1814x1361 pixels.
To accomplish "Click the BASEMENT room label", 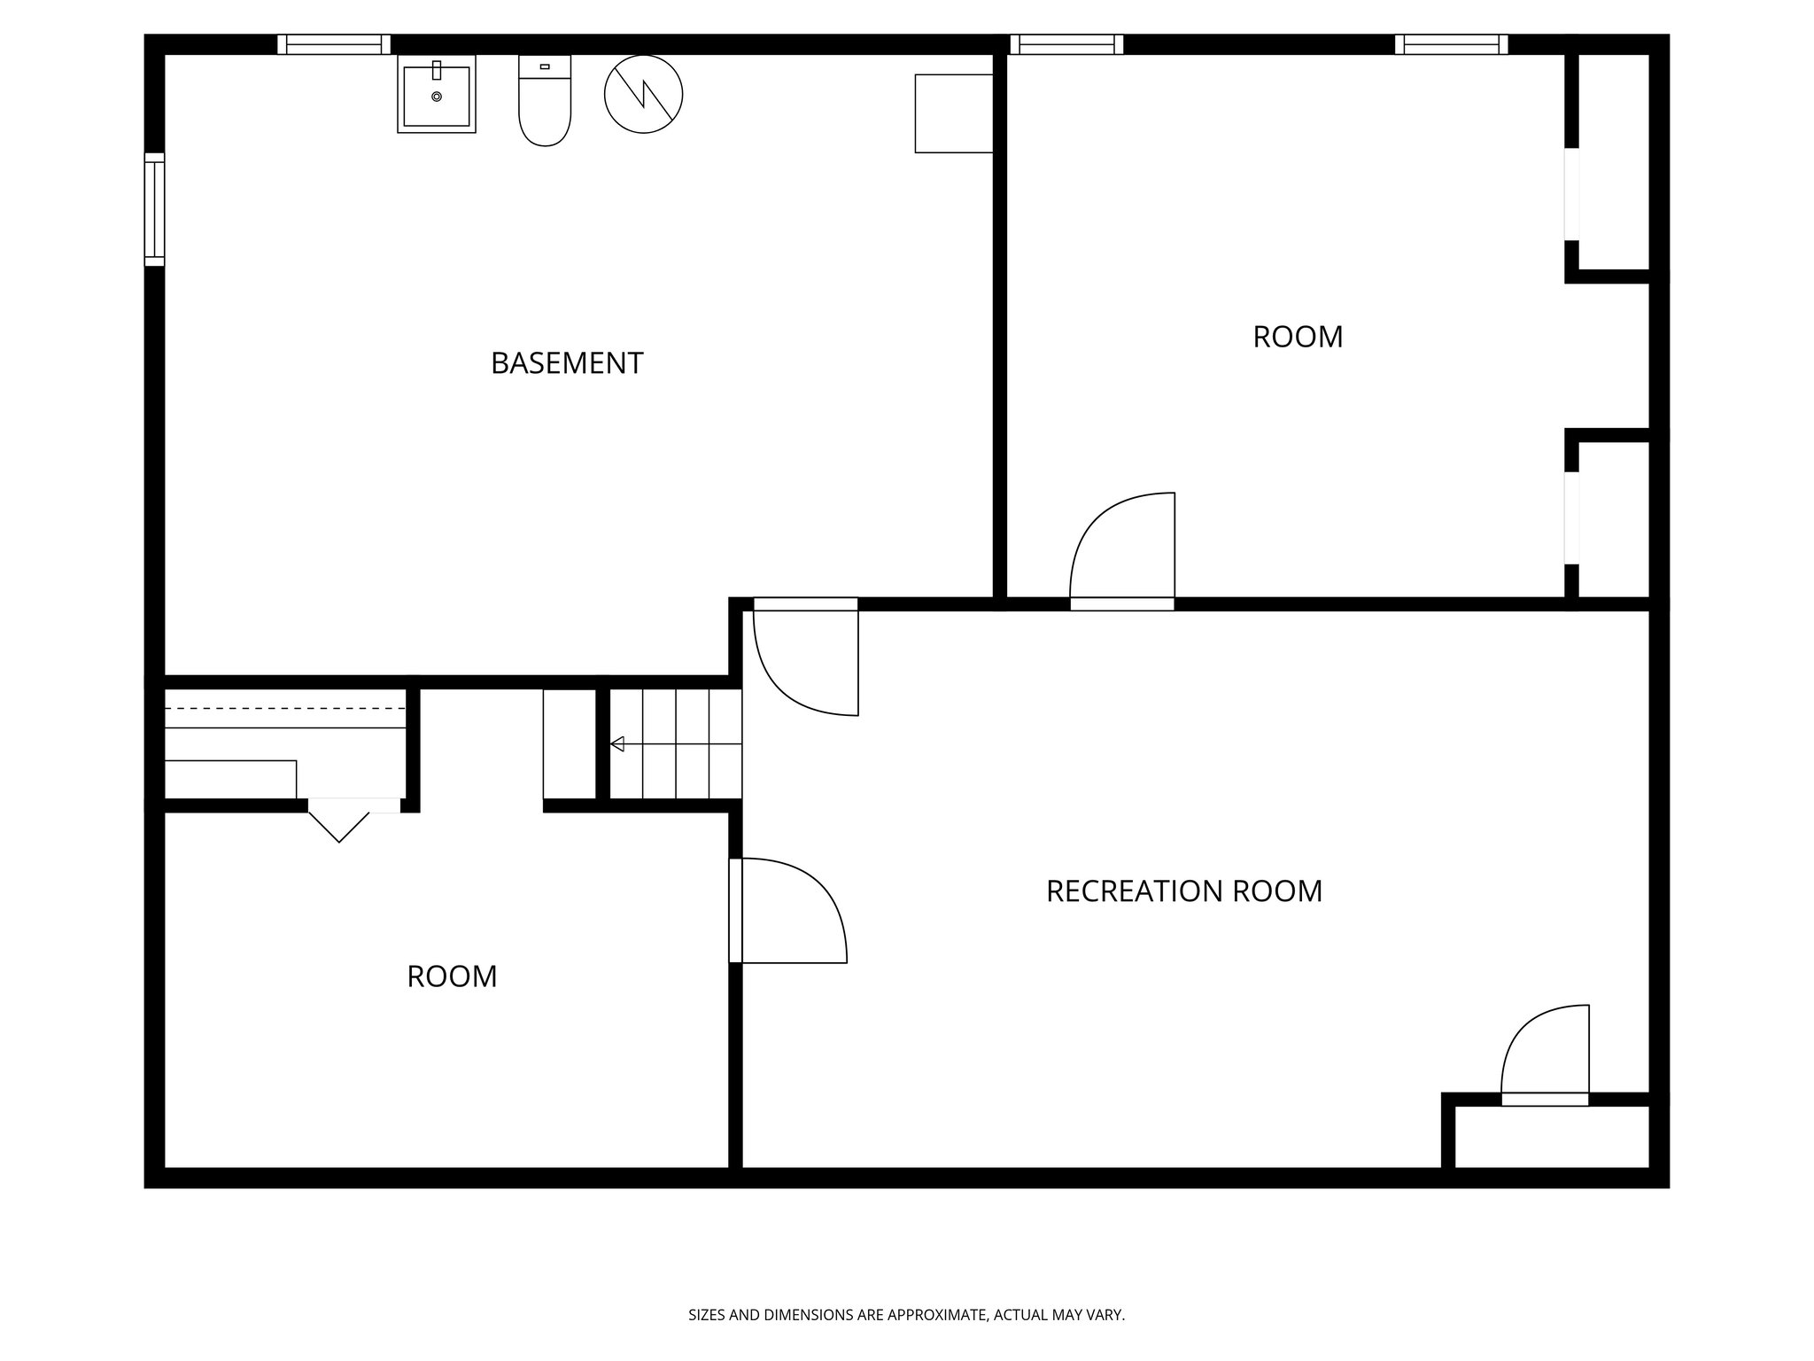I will [x=567, y=363].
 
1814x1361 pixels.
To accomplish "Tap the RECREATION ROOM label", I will [x=1183, y=890].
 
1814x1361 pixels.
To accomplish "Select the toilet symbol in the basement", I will [x=545, y=102].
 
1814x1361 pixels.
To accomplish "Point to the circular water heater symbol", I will [x=644, y=94].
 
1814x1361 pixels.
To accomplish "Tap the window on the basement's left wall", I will [x=154, y=209].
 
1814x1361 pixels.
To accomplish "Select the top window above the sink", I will [x=334, y=44].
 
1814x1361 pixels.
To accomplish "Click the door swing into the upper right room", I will [x=1122, y=549].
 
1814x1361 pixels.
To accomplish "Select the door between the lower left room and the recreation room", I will [x=788, y=910].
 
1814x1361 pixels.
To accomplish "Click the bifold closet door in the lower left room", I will [x=339, y=820].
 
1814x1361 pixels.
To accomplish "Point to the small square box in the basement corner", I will [x=953, y=113].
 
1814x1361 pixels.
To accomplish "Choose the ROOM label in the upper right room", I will [x=1298, y=337].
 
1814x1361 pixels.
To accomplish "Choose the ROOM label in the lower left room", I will [x=452, y=976].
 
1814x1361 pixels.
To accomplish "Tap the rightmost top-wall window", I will [x=1451, y=44].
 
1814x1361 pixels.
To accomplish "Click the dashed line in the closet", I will [x=285, y=708].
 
